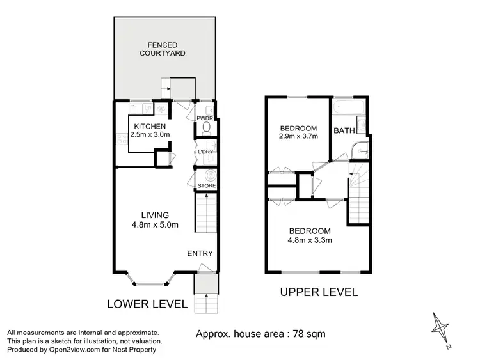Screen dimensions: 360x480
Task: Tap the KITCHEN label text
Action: (150, 126)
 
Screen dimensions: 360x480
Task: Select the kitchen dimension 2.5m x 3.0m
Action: (150, 135)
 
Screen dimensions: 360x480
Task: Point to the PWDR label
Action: (205, 119)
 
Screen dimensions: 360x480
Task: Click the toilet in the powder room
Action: (205, 129)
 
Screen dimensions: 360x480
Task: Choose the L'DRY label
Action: (205, 152)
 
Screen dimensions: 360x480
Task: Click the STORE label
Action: (206, 186)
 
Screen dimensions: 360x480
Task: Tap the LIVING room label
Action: (155, 215)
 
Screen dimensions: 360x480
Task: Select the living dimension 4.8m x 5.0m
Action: (155, 224)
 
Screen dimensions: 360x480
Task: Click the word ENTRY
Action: (200, 254)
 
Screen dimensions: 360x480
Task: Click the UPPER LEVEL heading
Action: (319, 292)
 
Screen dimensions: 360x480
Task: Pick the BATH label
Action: (344, 131)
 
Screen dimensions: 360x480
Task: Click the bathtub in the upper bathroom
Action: (349, 105)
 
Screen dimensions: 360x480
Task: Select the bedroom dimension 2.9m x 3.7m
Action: (298, 136)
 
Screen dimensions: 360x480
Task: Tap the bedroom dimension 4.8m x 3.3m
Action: (310, 240)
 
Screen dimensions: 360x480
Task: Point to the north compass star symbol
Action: (440, 326)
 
